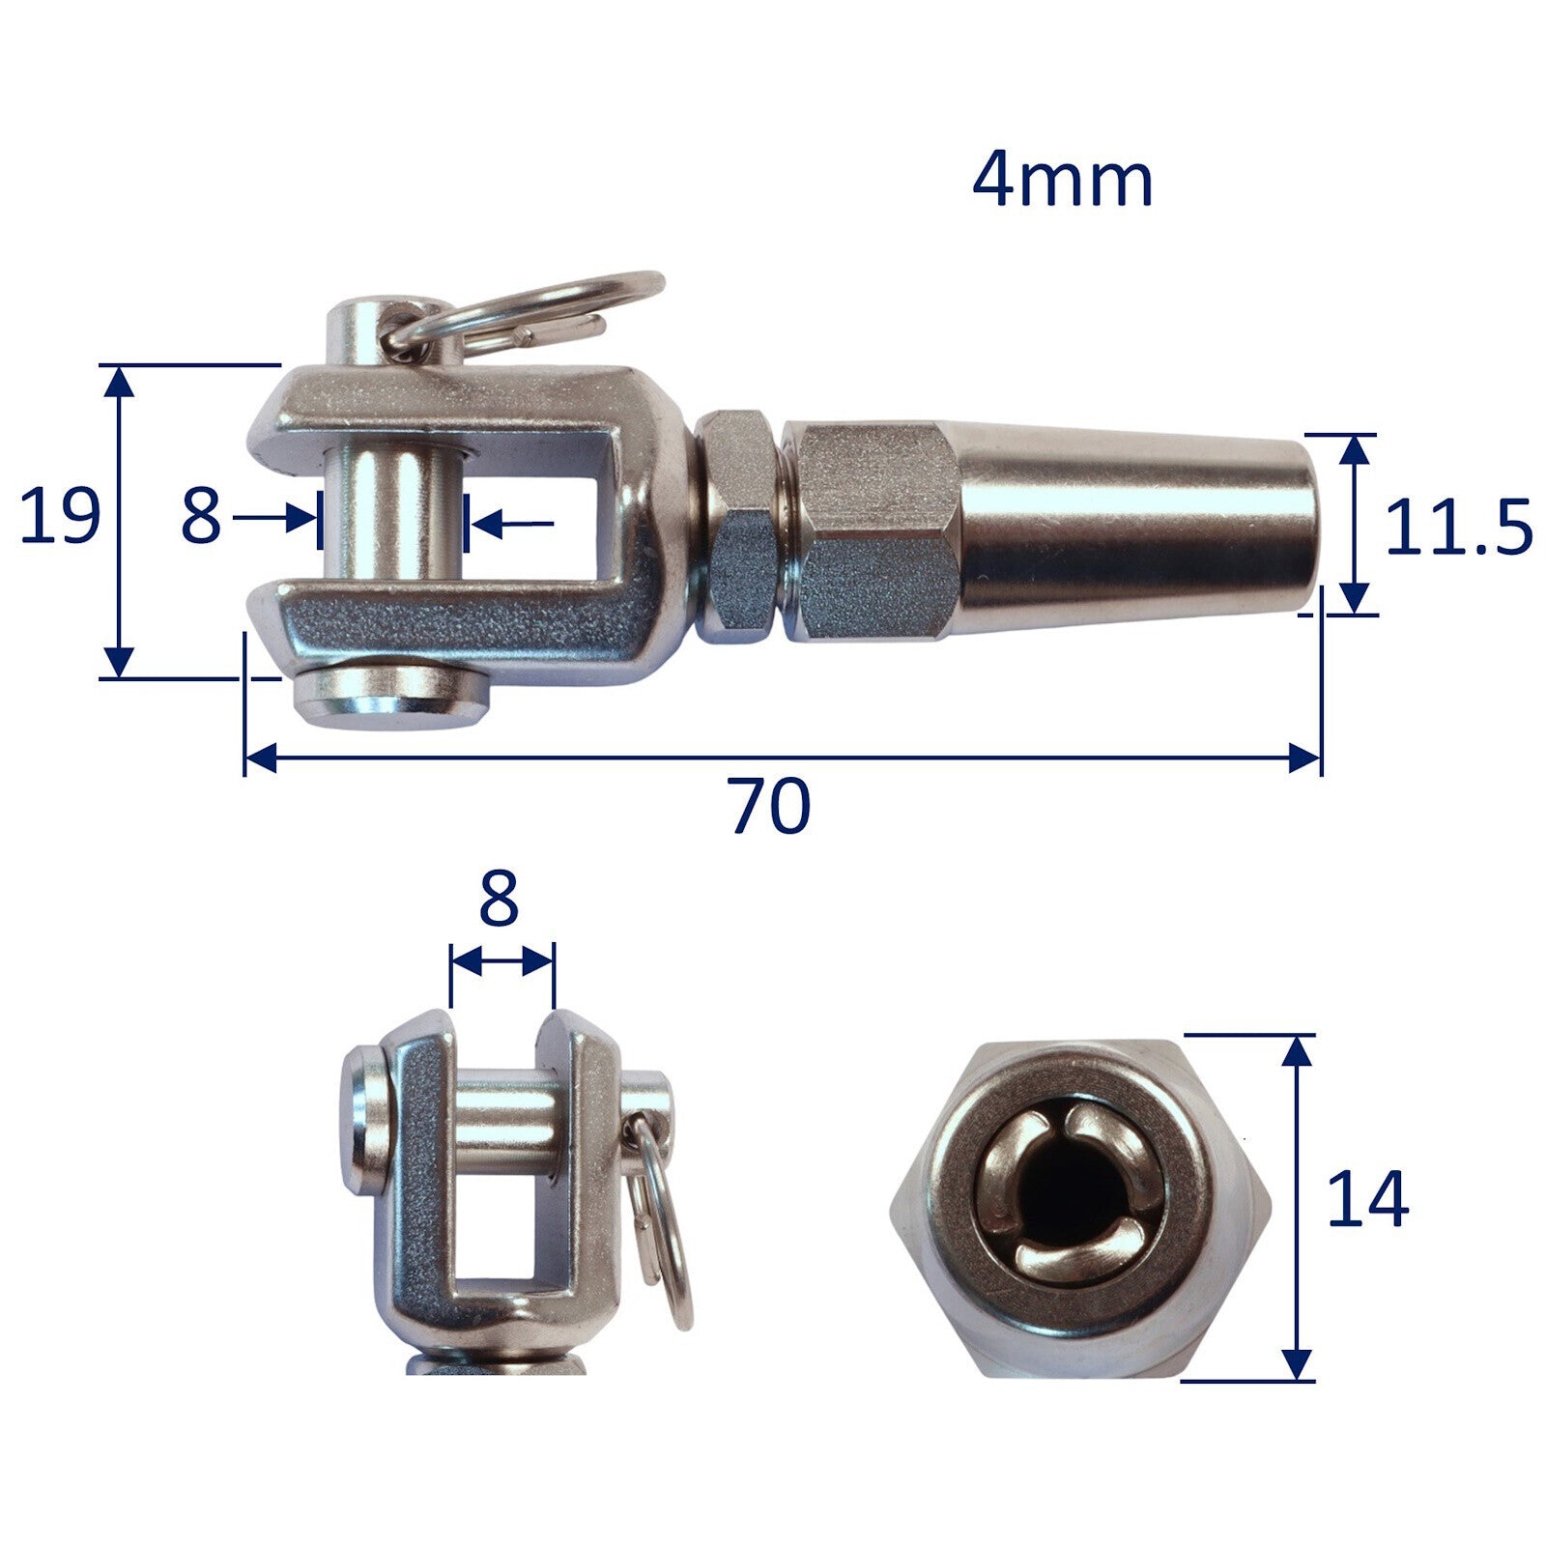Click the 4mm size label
[x=1062, y=181]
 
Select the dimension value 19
[x=60, y=517]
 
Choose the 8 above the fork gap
[x=499, y=899]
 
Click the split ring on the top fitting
[x=541, y=309]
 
